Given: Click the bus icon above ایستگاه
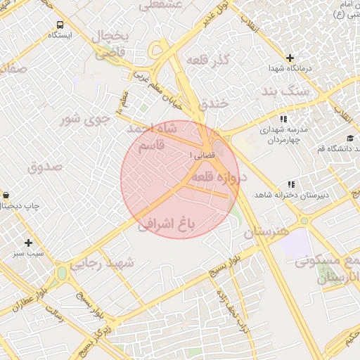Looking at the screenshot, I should [x=60, y=23].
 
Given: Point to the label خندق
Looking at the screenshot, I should [x=214, y=103].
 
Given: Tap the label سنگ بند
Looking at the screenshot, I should [x=284, y=92].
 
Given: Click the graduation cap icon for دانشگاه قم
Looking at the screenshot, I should [x=349, y=138].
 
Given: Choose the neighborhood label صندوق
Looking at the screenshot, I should [x=45, y=167].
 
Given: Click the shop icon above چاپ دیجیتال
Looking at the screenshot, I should [x=6, y=195].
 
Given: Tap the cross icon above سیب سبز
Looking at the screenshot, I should [x=29, y=242].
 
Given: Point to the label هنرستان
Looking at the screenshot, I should [x=266, y=231].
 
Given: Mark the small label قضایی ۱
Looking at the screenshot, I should [x=200, y=155].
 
